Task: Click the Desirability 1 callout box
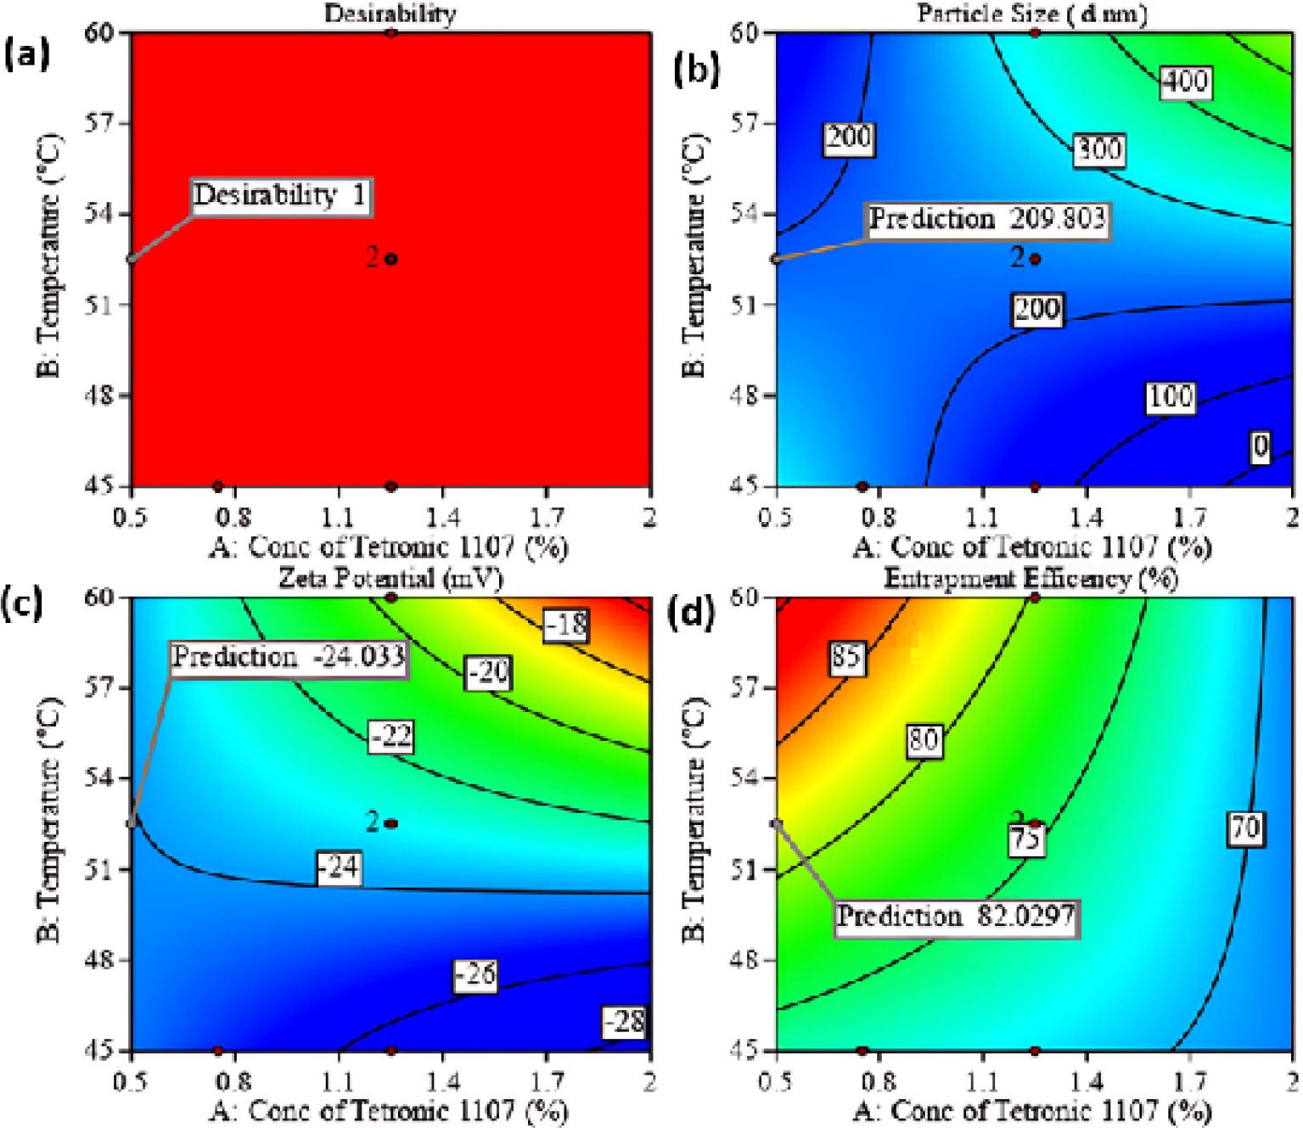tap(280, 196)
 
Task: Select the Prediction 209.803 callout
tap(987, 220)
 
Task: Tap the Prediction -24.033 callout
tap(289, 658)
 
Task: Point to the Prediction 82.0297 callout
tap(956, 918)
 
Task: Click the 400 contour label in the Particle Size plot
tap(1185, 81)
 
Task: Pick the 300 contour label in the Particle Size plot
tap(1099, 150)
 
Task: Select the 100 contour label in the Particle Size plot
tap(1171, 396)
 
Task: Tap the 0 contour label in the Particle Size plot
tap(1261, 446)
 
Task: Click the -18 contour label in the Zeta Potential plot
tap(566, 626)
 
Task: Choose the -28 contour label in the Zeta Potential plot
tap(625, 1021)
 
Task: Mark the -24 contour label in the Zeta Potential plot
tap(339, 867)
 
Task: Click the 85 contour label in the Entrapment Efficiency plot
tap(846, 657)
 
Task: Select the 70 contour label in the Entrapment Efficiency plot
tap(1245, 828)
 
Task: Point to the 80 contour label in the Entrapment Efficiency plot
tap(924, 741)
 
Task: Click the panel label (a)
tap(27, 55)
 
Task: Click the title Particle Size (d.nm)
tap(1032, 13)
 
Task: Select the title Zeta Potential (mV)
tap(390, 578)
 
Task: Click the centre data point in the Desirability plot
tap(391, 259)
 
